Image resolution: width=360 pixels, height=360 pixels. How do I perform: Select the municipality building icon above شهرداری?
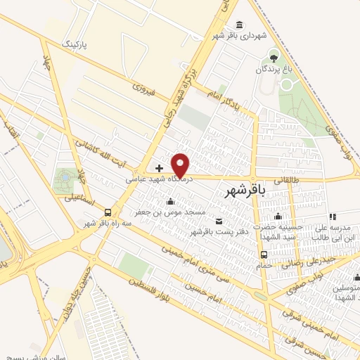[240, 25]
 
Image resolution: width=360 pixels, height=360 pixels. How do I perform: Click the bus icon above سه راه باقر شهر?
[108, 212]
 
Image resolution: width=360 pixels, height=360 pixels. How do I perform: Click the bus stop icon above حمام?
[264, 255]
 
